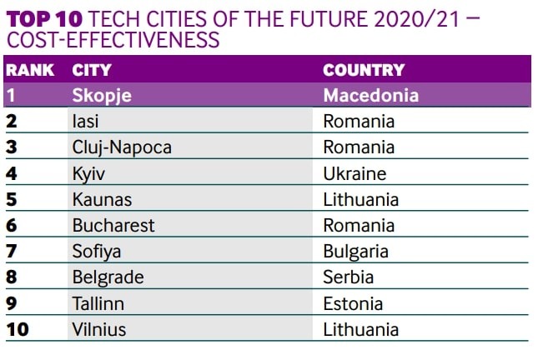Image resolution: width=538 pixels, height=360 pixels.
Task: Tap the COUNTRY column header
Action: coord(363,71)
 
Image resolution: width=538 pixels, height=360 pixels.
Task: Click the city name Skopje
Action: coord(102,95)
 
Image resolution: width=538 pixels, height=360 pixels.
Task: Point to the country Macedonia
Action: coord(370,95)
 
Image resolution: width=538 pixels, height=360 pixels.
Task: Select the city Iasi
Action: coord(87,122)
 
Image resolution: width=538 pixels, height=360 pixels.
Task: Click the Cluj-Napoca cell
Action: coord(122,147)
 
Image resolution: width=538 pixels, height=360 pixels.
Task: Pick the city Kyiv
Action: coord(89,173)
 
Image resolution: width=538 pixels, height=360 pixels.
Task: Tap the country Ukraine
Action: coord(354,173)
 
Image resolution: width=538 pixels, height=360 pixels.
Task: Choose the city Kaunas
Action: coord(102,199)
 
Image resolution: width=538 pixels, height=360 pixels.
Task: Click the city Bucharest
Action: coord(113,225)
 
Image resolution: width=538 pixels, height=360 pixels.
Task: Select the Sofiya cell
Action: coord(98,251)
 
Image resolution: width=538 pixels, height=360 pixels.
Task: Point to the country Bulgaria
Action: coord(356,251)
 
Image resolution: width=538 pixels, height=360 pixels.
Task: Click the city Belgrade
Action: coord(108,277)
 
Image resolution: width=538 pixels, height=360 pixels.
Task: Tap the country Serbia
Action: coord(348,277)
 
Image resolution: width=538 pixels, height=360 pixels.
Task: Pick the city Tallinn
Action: coord(99,303)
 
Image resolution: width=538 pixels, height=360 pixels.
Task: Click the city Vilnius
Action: coord(99,329)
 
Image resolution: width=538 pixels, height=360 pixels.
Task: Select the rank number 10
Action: coord(17,329)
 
